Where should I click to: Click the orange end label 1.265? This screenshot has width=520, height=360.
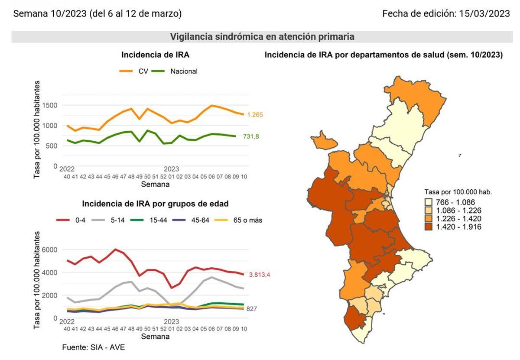click(x=255, y=115)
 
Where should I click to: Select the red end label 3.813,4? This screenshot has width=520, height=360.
click(x=263, y=275)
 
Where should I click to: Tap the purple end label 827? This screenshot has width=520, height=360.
click(x=252, y=309)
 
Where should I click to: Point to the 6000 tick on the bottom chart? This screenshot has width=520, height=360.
click(x=49, y=250)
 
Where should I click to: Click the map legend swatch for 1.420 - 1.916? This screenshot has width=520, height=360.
click(x=429, y=227)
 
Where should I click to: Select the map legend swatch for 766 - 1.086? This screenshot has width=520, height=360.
click(x=429, y=202)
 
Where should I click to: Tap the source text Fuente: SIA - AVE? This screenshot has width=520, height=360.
click(x=93, y=347)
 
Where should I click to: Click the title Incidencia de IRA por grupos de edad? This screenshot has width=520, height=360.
click(x=155, y=204)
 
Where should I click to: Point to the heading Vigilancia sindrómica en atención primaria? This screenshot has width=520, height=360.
click(x=262, y=37)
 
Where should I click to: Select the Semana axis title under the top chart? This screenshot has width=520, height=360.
click(x=155, y=185)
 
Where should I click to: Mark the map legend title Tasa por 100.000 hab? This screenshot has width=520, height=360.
click(x=458, y=192)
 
